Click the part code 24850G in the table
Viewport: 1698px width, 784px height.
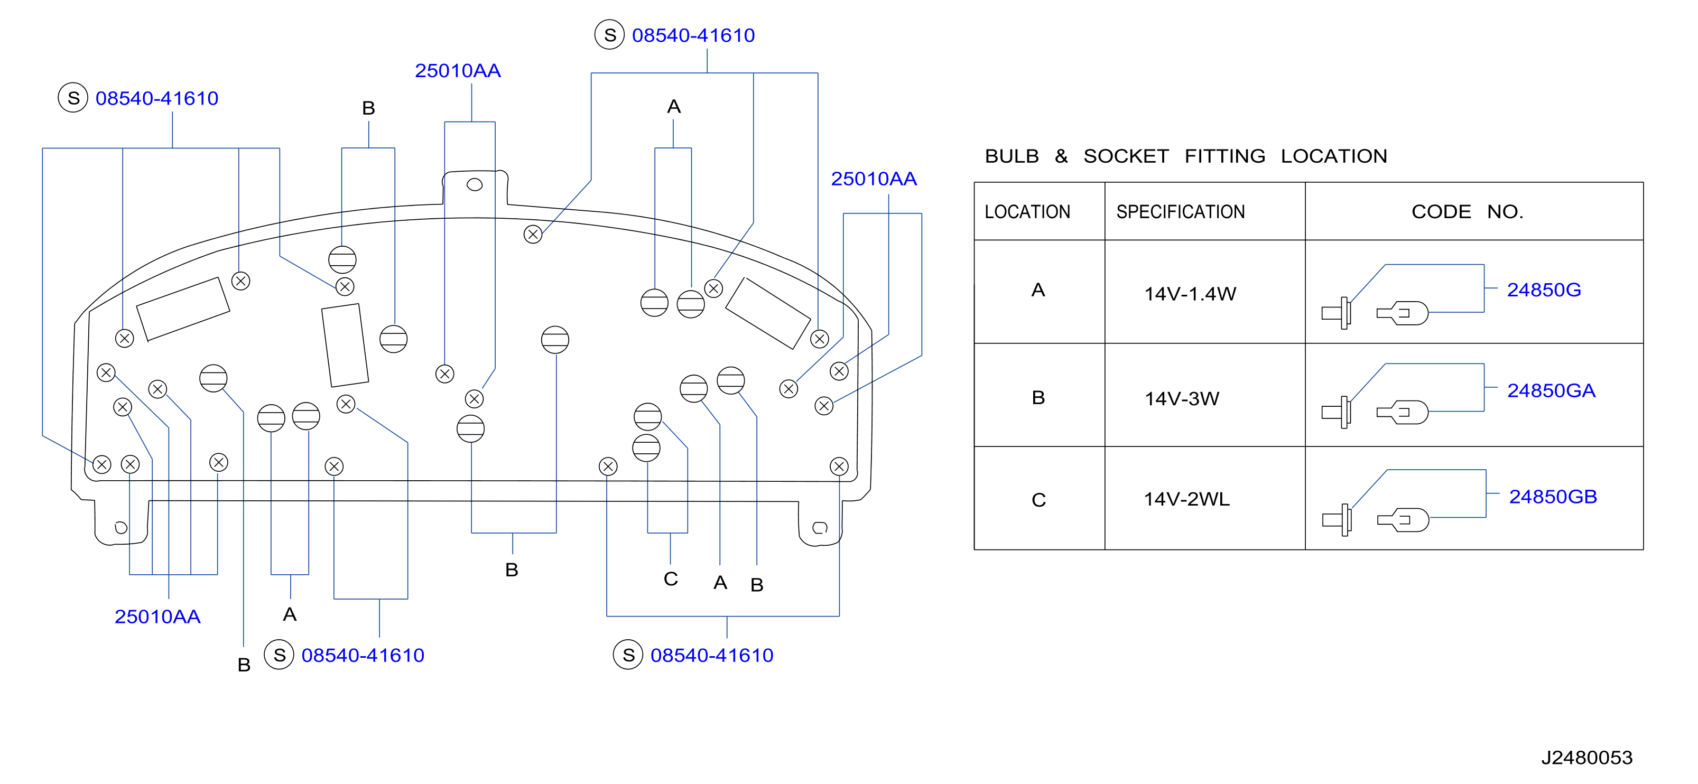coord(1544,290)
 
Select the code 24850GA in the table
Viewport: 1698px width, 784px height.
coord(1551,391)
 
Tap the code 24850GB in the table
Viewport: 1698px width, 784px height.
coord(1553,497)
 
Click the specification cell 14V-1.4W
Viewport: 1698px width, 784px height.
coord(1190,294)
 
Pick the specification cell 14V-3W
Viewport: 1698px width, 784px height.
coord(1182,398)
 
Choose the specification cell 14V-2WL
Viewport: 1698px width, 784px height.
coord(1186,499)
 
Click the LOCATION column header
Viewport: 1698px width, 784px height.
coord(1027,212)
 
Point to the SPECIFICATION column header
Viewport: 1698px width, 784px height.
coord(1181,212)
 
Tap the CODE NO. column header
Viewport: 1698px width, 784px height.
coord(1467,212)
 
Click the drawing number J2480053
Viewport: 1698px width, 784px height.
coord(1586,758)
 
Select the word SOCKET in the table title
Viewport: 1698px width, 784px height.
coord(1126,156)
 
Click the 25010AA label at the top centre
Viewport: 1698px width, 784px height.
coord(458,70)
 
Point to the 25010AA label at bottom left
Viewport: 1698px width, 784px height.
coord(157,617)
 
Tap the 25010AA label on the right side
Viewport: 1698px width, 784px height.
coord(874,179)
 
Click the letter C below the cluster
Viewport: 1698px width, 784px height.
coord(670,579)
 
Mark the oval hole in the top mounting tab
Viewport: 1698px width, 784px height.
coord(475,184)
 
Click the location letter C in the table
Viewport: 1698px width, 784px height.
coord(1038,500)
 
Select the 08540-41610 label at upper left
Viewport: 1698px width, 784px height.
coord(157,98)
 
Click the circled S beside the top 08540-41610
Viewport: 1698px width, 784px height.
coord(610,35)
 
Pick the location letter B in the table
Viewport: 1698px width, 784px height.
coord(1038,398)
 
